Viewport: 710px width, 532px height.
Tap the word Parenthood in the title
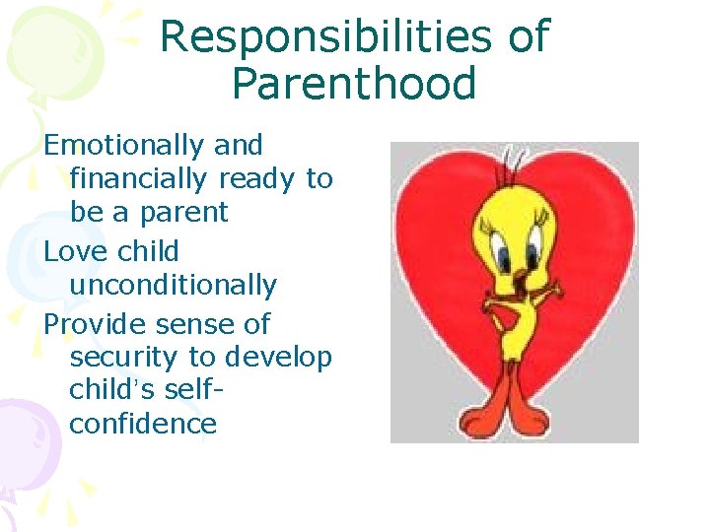point(354,84)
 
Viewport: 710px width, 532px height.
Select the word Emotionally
point(124,146)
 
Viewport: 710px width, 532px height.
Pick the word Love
point(76,252)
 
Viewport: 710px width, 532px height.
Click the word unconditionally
point(173,286)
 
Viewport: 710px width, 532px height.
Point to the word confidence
point(143,425)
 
